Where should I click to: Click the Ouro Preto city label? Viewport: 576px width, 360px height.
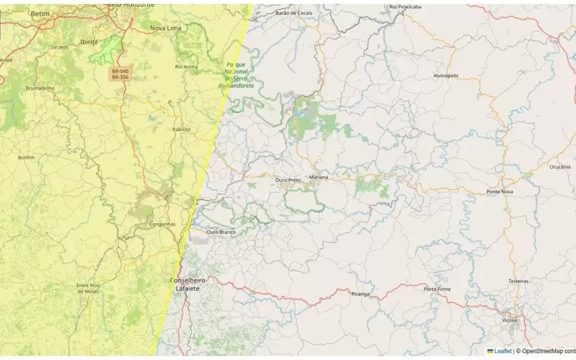pos(288,180)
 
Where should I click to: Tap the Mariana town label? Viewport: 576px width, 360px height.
pos(318,177)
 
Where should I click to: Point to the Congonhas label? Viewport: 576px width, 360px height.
pos(163,224)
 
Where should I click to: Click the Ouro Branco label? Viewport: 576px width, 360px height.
pos(221,232)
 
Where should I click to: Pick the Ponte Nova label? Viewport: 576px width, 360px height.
pos(499,191)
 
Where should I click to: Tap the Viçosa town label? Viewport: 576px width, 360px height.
pos(509,320)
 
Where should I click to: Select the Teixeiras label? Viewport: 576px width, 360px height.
pos(518,281)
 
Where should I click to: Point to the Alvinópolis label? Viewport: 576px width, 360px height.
pos(446,75)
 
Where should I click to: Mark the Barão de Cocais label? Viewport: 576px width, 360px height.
pos(293,13)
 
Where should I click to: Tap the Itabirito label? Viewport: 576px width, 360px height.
pos(182,128)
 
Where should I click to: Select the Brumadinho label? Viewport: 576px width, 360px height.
pos(40,88)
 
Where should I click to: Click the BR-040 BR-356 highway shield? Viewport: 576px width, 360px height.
pos(120,74)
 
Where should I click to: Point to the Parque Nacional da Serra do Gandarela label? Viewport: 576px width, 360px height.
pos(236,75)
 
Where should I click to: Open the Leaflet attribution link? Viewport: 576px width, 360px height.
pos(503,351)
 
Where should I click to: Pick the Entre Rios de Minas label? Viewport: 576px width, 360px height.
pos(88,288)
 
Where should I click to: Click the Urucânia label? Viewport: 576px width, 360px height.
pos(560,167)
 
